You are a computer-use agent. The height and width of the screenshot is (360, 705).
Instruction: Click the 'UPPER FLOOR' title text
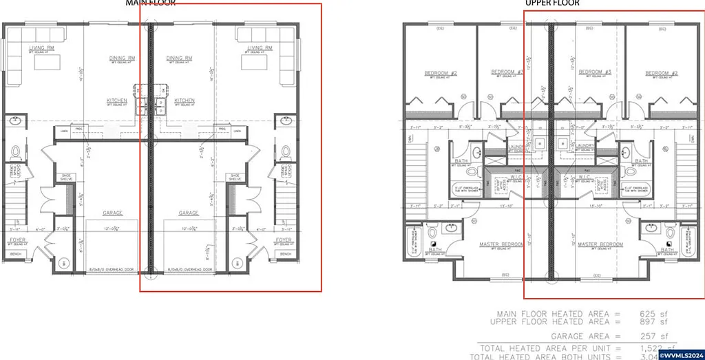click(552, 3)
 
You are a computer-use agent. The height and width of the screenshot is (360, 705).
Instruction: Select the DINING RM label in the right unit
click(179, 58)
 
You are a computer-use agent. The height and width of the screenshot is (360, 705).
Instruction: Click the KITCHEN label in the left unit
click(116, 100)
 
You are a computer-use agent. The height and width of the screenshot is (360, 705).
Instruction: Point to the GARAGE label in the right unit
click(189, 213)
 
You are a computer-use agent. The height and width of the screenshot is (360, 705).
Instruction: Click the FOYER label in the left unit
click(15, 240)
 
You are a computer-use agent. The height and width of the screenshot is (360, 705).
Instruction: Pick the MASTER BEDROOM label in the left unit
click(503, 244)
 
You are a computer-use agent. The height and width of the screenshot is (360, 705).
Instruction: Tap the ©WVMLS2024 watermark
click(682, 354)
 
